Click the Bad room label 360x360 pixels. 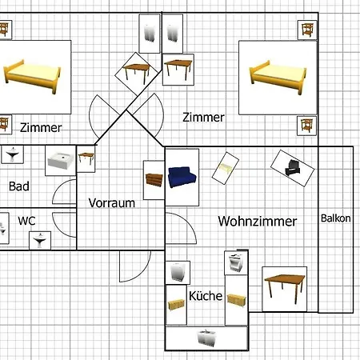[19, 186]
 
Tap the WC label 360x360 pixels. [26, 218]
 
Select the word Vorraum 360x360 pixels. [111, 202]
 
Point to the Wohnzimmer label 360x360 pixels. [257, 221]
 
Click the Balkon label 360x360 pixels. [335, 218]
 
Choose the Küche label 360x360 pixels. [206, 295]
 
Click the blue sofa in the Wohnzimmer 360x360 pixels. [182, 176]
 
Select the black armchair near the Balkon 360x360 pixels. [289, 166]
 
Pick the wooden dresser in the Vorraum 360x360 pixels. [154, 175]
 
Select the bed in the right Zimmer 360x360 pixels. [278, 74]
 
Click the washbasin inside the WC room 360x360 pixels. [38, 238]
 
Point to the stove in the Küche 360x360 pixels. [235, 263]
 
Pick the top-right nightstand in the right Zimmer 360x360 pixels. [306, 31]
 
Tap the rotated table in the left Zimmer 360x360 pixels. [137, 73]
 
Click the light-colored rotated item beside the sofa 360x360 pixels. [226, 168]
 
